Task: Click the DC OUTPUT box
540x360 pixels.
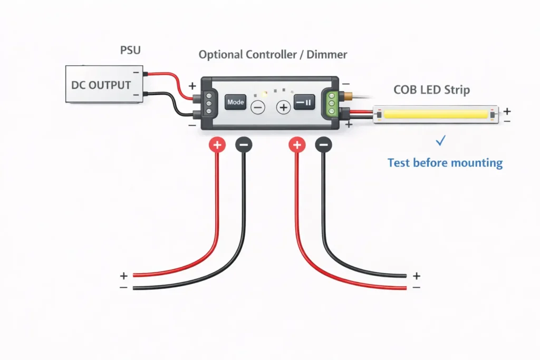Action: point(101,84)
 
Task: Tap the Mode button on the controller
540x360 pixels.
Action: point(236,102)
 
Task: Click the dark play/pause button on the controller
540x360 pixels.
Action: point(304,102)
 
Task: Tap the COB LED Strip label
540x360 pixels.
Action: point(432,90)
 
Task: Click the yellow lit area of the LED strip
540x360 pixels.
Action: point(432,114)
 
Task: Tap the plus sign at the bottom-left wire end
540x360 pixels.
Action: point(123,276)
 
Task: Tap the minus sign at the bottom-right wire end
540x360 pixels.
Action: point(417,287)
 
